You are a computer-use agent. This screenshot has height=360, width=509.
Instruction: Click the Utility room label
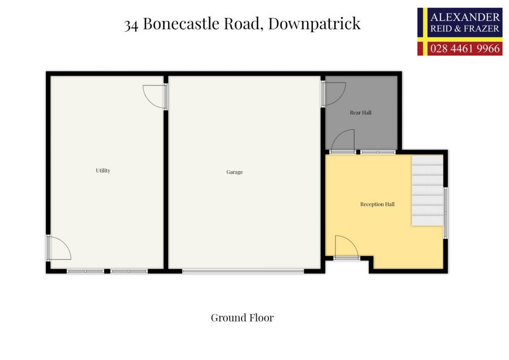[x=103, y=170]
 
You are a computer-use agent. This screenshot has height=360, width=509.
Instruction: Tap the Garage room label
[x=234, y=172]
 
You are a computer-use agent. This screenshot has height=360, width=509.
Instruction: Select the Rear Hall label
[x=360, y=113]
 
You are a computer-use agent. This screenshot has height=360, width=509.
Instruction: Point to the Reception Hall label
[x=377, y=204]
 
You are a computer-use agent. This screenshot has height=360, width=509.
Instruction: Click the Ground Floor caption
[x=242, y=318]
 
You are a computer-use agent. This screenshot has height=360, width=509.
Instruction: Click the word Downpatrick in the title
[x=314, y=24]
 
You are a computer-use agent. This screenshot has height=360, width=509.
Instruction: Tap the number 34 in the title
[x=132, y=24]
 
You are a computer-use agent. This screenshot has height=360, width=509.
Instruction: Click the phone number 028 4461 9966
[x=465, y=49]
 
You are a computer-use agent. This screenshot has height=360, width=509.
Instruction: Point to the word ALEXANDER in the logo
[x=465, y=16]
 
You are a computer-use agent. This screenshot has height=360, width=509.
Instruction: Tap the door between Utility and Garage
[x=156, y=96]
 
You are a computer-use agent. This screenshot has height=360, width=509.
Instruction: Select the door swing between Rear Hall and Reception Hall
[x=344, y=142]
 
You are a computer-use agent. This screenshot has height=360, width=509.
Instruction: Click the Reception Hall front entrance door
[x=346, y=248]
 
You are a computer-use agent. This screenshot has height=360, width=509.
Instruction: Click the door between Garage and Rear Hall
[x=333, y=93]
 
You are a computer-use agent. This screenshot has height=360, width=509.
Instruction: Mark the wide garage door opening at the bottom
[x=243, y=271]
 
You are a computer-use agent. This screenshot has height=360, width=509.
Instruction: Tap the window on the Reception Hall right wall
[x=446, y=212]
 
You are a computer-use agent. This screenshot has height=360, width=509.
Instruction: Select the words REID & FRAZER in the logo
[x=465, y=28]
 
